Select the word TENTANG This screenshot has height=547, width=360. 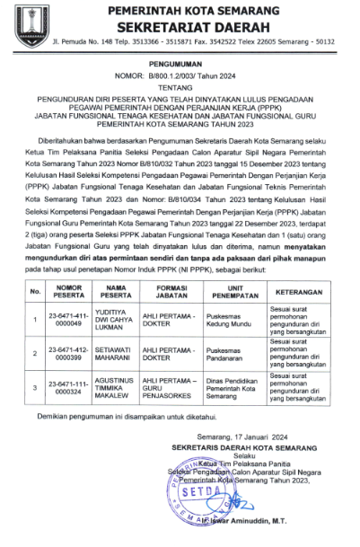tap(180, 89)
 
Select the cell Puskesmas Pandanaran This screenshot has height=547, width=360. tap(228, 355)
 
